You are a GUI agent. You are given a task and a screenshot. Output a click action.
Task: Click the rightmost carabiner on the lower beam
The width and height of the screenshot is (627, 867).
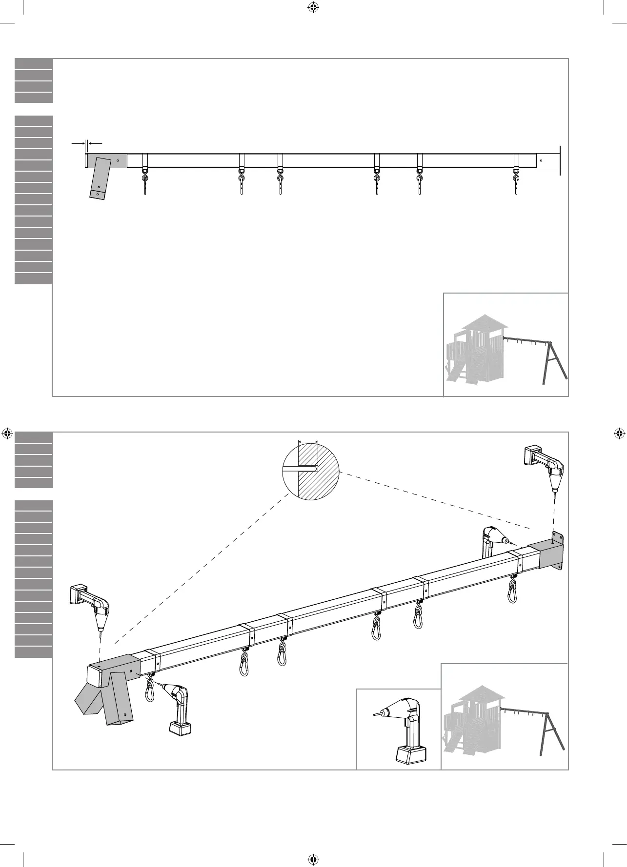point(512,591)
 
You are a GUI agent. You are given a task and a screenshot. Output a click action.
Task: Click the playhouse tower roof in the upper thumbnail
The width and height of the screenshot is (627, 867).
point(485,322)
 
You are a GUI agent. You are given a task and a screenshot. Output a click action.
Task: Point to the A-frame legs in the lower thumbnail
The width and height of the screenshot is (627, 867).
point(552,737)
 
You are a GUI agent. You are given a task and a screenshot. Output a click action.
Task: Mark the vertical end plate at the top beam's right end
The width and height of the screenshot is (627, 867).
point(560,160)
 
